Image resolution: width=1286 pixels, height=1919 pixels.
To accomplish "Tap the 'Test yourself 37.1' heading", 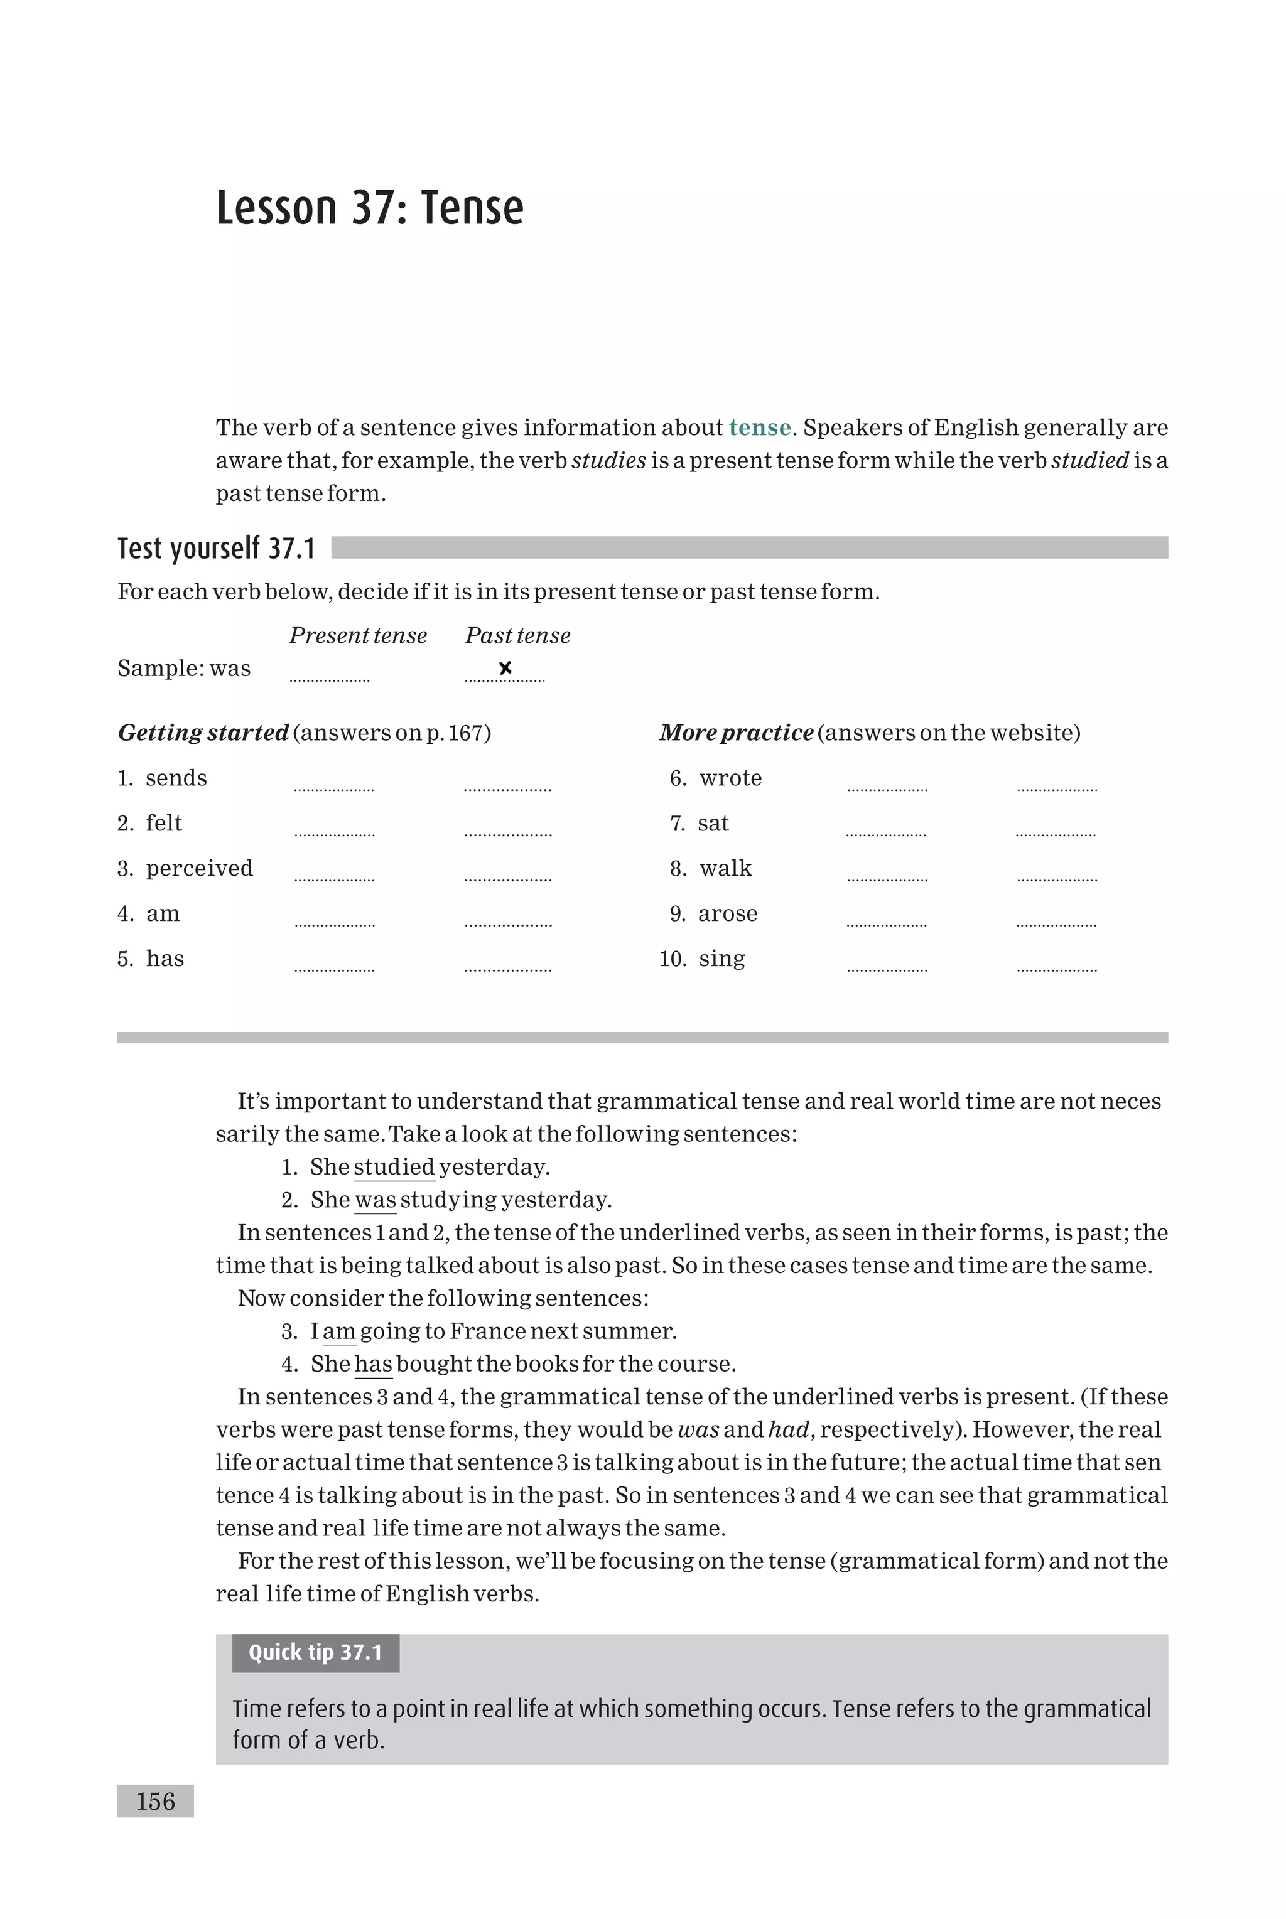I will tap(217, 549).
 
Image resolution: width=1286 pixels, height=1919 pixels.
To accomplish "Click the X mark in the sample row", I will tap(505, 668).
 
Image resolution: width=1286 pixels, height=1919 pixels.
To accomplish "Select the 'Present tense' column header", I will tap(357, 635).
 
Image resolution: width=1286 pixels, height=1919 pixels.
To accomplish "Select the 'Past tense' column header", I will tap(517, 635).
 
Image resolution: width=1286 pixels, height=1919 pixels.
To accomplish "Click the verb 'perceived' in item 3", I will tap(199, 868).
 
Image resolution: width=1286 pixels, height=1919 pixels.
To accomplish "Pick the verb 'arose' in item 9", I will tap(728, 913).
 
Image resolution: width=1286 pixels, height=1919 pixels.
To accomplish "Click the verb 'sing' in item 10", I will tap(721, 959).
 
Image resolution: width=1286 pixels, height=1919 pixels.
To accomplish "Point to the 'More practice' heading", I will tap(736, 732).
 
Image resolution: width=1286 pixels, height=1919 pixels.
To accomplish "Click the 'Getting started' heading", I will tap(203, 732).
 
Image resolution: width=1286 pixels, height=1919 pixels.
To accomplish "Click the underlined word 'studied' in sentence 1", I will tap(394, 1166).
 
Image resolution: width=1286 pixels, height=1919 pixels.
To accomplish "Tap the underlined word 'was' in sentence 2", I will tap(376, 1199).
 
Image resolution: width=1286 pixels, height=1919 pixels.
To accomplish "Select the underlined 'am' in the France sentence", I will tap(338, 1330).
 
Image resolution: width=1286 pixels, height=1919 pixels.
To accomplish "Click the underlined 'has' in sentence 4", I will tap(373, 1363).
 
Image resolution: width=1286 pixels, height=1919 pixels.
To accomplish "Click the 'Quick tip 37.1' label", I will tap(316, 1652).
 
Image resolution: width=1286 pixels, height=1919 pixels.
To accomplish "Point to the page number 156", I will tap(155, 1801).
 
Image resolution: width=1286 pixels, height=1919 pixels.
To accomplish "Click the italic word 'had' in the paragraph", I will tap(789, 1429).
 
